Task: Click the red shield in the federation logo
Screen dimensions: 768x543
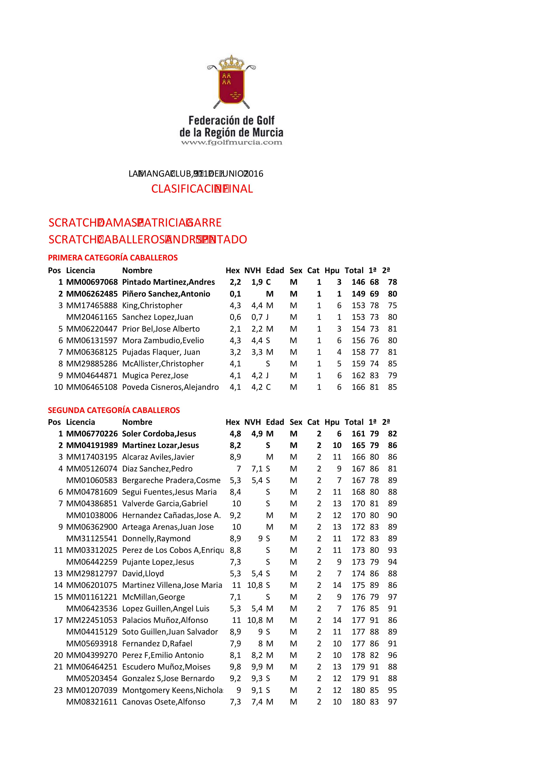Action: point(231,86)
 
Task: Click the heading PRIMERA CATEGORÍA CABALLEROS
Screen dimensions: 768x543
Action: point(113,258)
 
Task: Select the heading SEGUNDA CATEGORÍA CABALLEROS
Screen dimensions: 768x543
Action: point(114,410)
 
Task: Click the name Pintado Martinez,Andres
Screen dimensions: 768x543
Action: point(168,282)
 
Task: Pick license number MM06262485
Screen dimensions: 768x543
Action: point(92,294)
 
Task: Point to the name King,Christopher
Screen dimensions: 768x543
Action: point(152,305)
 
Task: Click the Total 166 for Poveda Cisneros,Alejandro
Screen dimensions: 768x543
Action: point(358,387)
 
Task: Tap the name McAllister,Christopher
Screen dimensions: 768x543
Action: point(163,364)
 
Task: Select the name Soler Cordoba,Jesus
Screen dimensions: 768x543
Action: point(159,434)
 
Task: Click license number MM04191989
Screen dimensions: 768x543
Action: point(92,445)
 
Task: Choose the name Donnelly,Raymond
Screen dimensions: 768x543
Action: point(156,539)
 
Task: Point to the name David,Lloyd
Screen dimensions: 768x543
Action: point(143,573)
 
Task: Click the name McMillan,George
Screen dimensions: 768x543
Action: point(153,597)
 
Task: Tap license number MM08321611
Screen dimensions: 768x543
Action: point(92,702)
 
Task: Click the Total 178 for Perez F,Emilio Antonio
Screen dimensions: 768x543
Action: point(358,655)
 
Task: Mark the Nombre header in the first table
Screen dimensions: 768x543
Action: point(137,270)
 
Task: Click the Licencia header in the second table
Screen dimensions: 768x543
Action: point(80,422)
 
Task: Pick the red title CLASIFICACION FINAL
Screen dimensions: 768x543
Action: point(202,189)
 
